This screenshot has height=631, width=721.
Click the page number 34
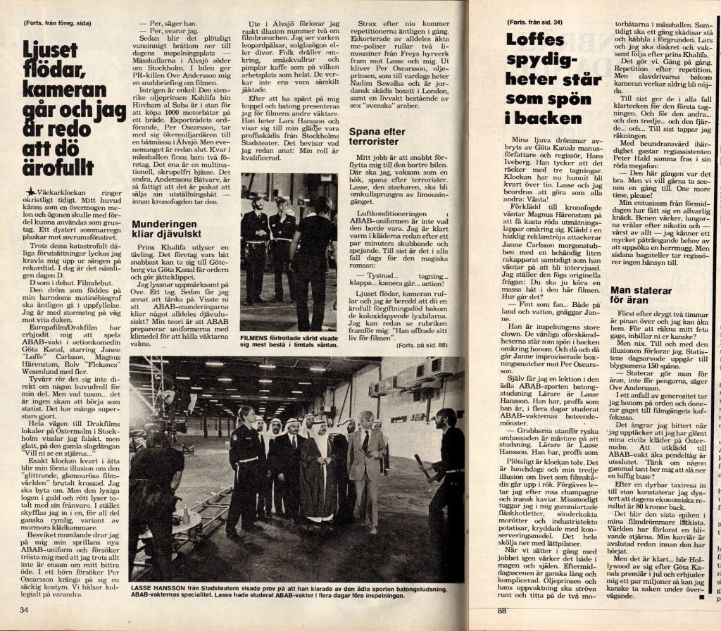[x=24, y=609]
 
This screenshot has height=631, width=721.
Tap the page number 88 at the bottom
[x=501, y=611]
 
